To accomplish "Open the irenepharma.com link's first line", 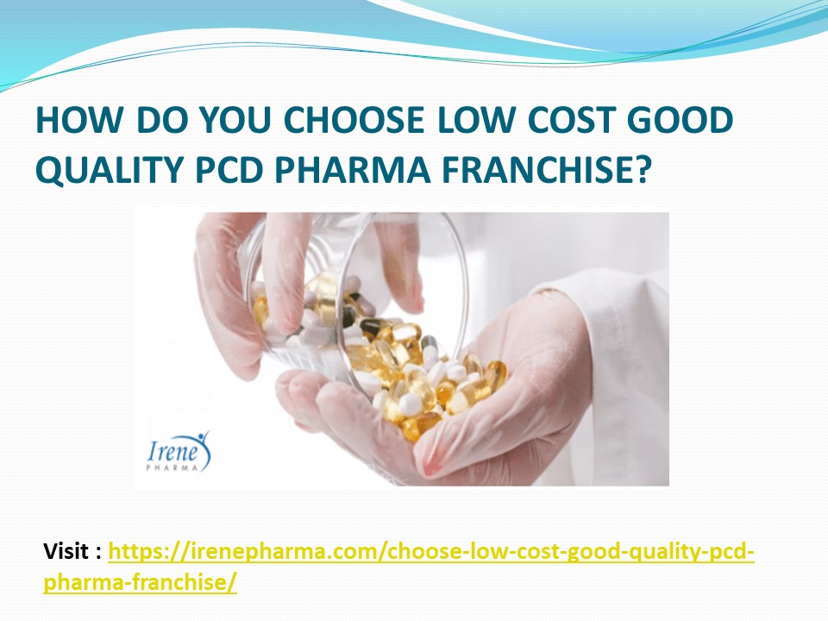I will point(431,551).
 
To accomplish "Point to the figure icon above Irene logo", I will point(202,436).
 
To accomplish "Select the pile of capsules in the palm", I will point(431,379).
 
